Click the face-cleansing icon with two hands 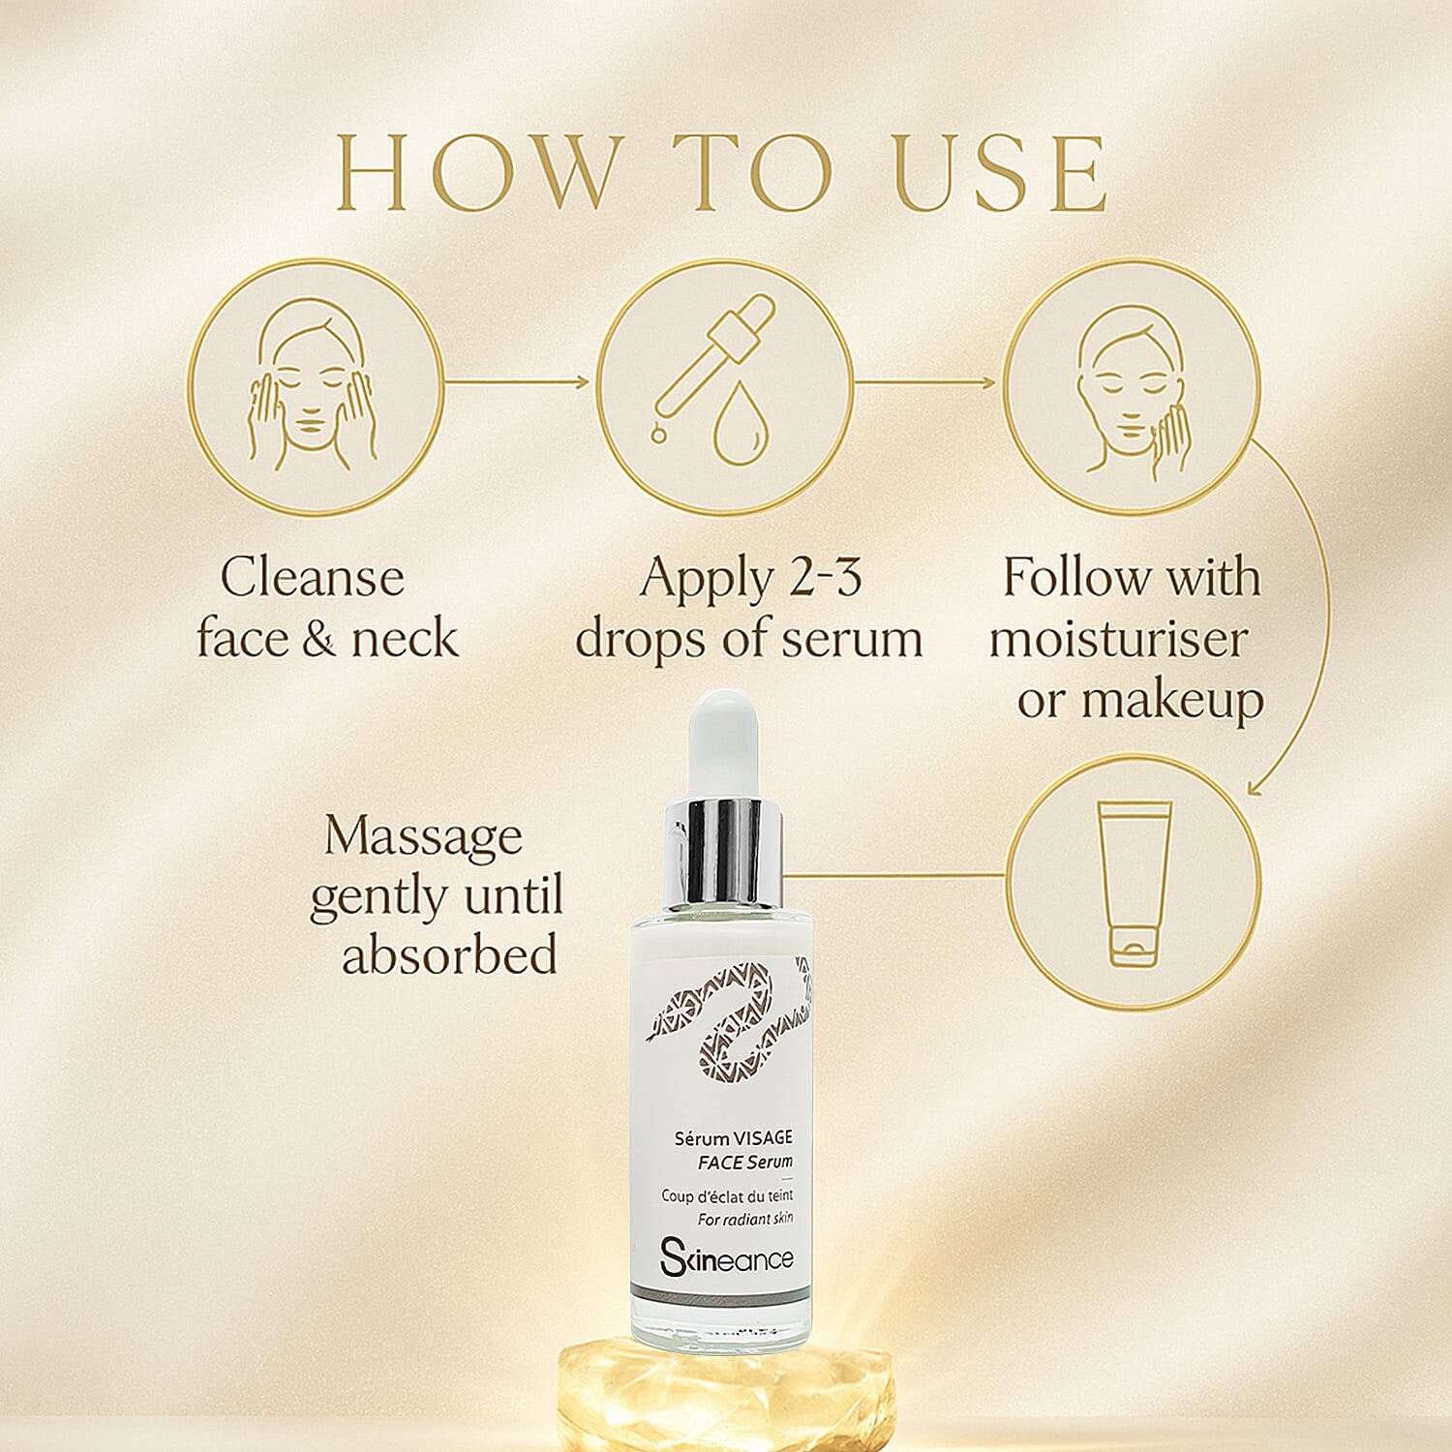(315, 387)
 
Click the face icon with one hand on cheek (1131, 387)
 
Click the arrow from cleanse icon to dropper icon (518, 382)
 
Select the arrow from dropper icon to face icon (924, 382)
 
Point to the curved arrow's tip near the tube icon (1255, 790)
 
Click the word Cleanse (312, 578)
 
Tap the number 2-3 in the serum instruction (825, 578)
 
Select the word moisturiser (1118, 640)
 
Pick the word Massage (423, 836)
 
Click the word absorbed (449, 955)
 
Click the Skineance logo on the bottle (726, 1257)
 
